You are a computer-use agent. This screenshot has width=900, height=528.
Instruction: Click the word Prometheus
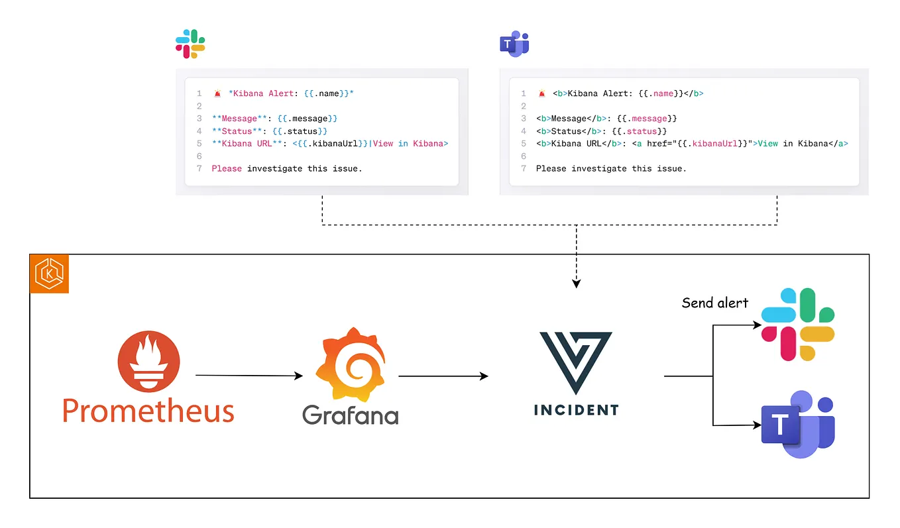click(x=148, y=411)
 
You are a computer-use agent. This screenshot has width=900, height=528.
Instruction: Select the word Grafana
click(x=350, y=415)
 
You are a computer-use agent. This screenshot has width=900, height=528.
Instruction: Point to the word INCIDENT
click(x=575, y=410)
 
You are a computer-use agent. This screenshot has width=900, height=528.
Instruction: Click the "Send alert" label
click(x=714, y=303)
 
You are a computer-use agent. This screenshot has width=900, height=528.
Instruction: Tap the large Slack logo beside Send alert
click(x=797, y=325)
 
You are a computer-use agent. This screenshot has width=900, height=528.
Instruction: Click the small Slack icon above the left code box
click(x=190, y=44)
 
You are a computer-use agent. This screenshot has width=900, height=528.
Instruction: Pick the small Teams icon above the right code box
click(x=514, y=44)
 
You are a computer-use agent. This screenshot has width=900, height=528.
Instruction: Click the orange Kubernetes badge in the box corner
click(x=49, y=274)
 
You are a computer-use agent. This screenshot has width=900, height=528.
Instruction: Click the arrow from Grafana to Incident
click(x=443, y=376)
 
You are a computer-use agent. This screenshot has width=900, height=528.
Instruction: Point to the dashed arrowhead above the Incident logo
click(x=576, y=283)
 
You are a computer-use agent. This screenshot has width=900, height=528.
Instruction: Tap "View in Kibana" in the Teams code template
click(x=793, y=144)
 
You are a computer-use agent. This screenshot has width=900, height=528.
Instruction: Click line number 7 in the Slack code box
click(x=199, y=169)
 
